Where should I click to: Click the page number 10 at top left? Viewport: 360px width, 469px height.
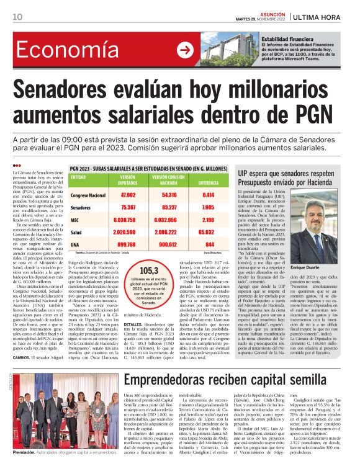[17, 17]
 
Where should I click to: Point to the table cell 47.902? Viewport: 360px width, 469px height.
[128, 195]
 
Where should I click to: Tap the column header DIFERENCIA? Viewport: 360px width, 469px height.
[208, 184]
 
